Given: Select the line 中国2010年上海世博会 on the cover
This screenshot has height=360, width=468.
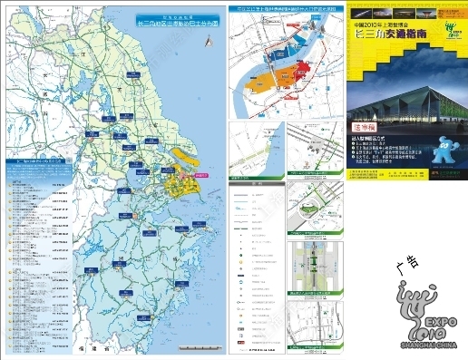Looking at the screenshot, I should click(x=377, y=23).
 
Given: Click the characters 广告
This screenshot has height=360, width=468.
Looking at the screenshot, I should click(x=407, y=263).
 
